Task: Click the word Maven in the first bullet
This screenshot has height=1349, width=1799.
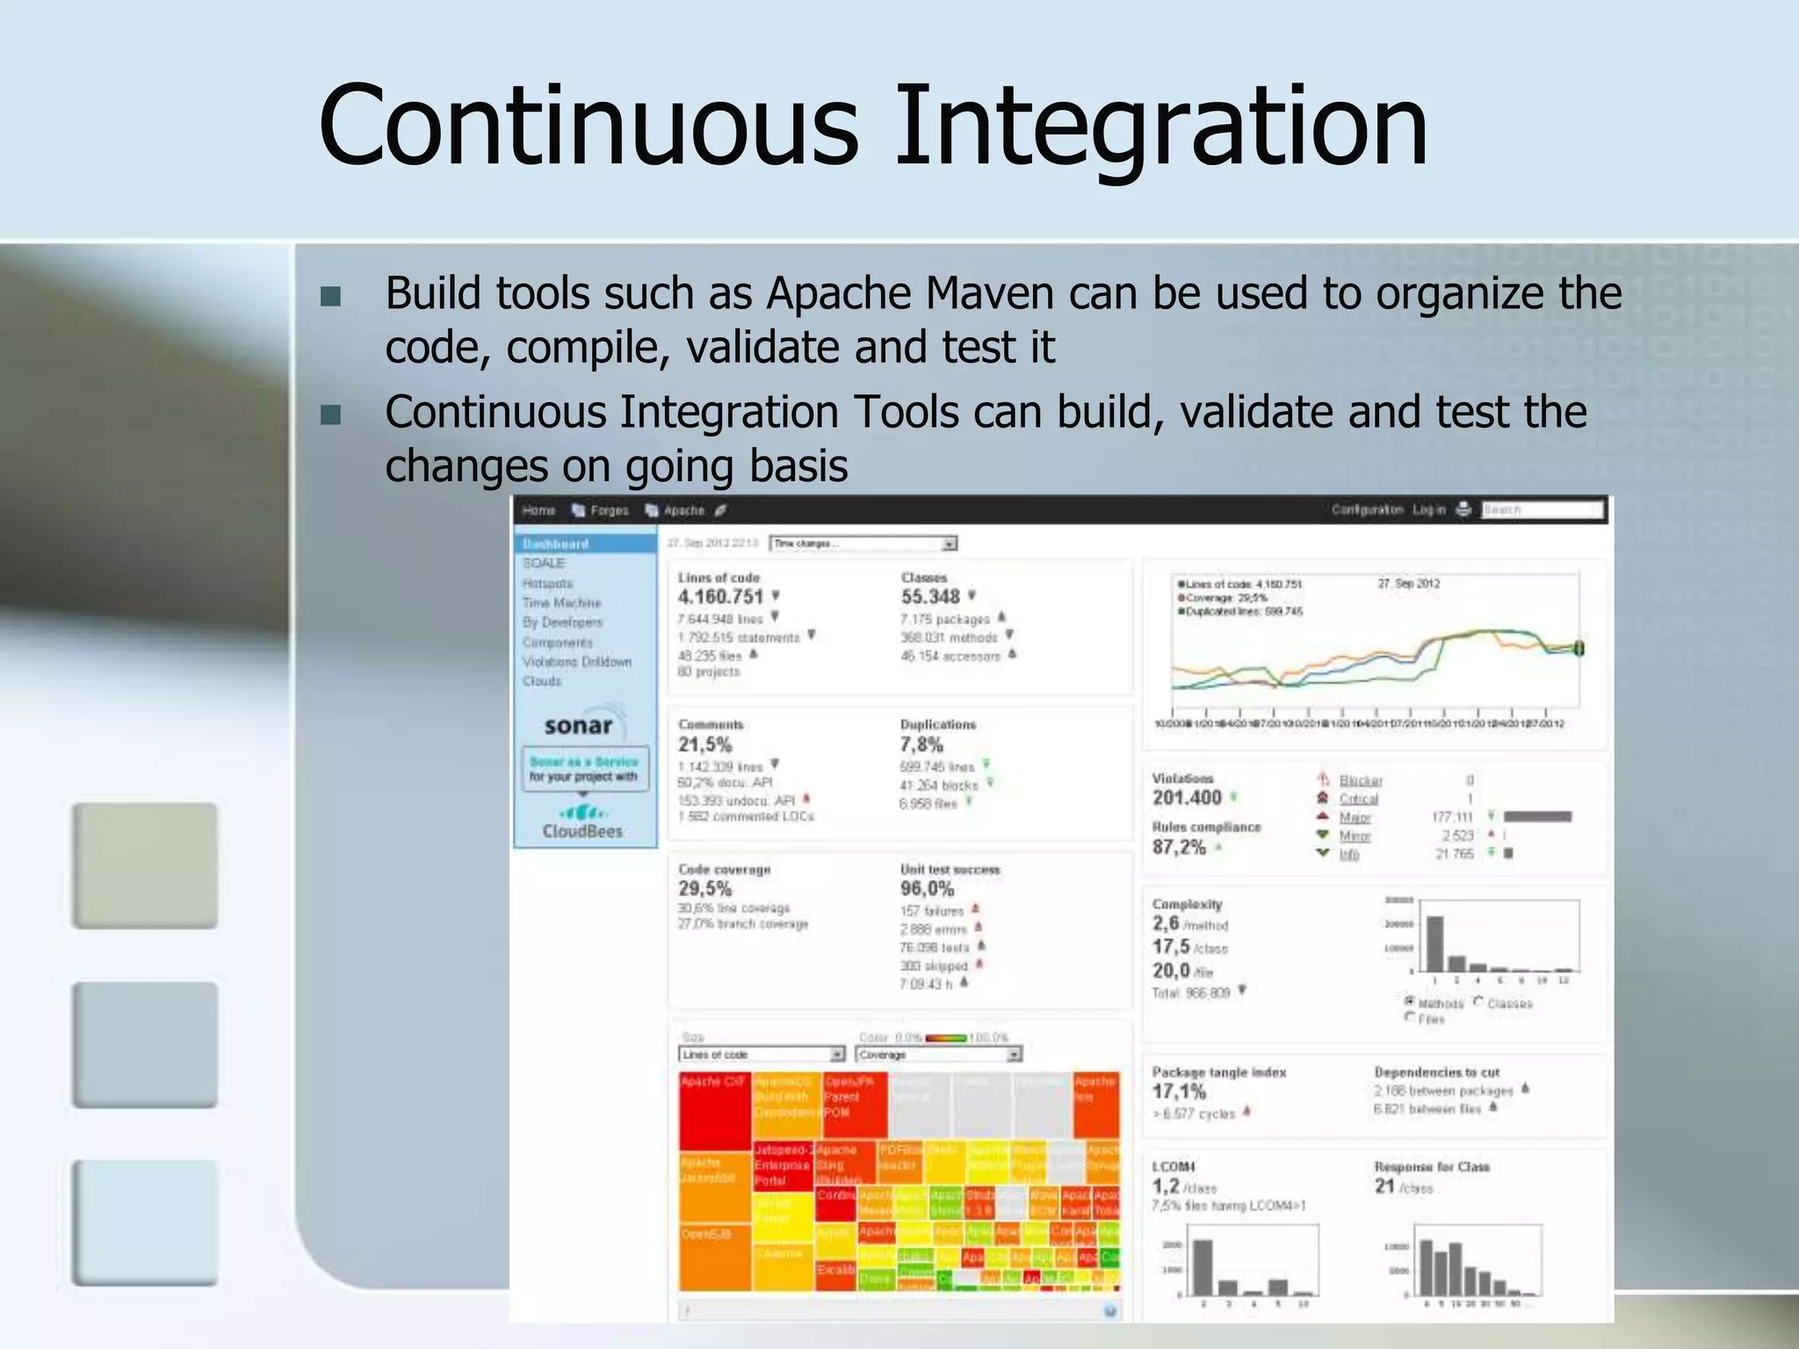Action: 989,293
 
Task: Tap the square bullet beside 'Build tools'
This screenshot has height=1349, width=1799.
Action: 331,296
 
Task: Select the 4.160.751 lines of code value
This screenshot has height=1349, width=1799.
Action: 720,597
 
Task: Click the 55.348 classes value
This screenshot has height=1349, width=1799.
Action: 930,597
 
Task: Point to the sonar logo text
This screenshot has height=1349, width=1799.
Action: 578,726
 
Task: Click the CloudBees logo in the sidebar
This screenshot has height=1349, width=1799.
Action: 582,822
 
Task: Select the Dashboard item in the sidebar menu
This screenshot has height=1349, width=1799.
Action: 556,544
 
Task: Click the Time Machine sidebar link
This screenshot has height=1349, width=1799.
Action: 561,602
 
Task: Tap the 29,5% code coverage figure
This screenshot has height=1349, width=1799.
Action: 704,889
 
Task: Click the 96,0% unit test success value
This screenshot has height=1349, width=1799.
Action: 927,889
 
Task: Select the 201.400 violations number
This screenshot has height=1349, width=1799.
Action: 1187,798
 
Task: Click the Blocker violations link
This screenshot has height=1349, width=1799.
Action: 1360,781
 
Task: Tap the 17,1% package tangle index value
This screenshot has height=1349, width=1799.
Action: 1179,1093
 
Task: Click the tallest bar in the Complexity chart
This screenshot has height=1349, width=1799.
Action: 1434,943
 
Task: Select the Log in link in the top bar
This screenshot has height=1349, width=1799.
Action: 1428,509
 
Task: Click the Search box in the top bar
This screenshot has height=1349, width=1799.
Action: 1541,509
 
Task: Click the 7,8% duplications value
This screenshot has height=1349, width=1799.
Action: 921,745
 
